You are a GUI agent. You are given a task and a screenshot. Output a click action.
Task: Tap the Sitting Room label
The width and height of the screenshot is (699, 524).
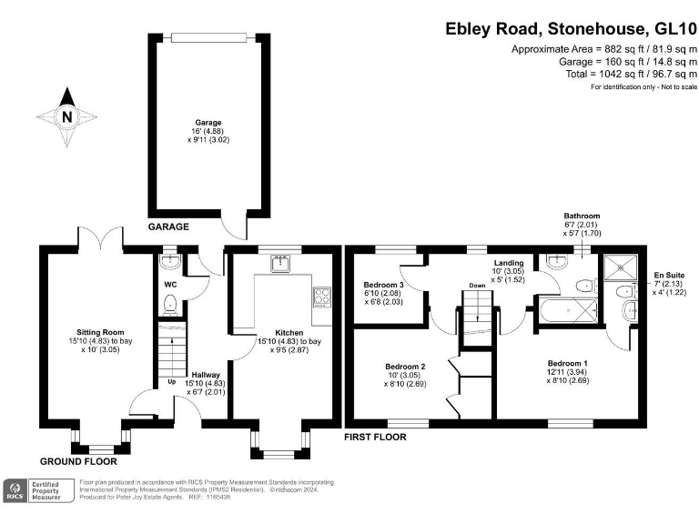tap(100, 332)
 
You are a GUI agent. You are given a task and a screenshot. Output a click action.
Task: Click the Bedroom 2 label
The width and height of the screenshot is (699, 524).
tap(405, 366)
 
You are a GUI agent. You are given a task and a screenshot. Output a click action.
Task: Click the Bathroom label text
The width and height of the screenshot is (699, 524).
tap(582, 216)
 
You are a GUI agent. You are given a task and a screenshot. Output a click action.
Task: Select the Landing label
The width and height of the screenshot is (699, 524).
tap(509, 263)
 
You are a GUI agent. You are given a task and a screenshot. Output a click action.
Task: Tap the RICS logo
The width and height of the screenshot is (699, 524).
tap(15, 491)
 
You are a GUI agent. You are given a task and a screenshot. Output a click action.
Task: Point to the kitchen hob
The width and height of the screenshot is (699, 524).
tap(321, 295)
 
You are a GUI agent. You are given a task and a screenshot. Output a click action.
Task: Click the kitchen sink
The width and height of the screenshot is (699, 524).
tap(279, 265)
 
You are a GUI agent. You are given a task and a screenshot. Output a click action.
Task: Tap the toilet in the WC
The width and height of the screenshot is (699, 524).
tap(168, 306)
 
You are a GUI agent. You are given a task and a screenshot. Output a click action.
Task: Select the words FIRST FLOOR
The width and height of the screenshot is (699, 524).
tap(374, 437)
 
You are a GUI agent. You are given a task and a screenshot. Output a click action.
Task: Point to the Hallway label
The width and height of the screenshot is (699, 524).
tap(205, 374)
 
